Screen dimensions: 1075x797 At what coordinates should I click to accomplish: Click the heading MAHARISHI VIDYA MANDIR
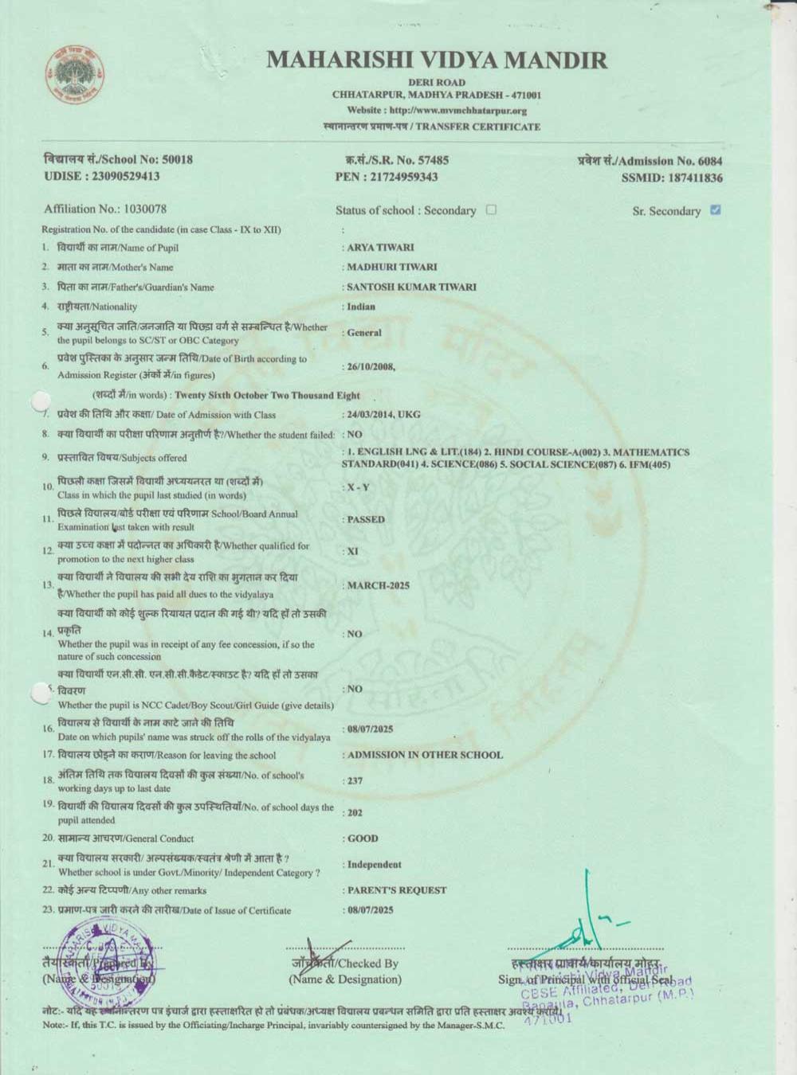(x=437, y=60)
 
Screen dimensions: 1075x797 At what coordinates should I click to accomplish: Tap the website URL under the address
(x=437, y=111)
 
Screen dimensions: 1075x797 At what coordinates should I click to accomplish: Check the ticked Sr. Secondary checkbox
(x=715, y=210)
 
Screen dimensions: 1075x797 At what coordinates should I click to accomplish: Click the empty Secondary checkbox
(x=491, y=210)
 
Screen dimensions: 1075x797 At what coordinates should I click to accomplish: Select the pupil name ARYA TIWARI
(x=380, y=248)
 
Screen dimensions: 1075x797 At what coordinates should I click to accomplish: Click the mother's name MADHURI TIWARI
(x=391, y=268)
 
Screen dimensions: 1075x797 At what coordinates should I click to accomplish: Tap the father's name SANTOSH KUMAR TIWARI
(x=411, y=287)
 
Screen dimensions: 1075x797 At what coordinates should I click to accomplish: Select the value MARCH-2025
(x=379, y=586)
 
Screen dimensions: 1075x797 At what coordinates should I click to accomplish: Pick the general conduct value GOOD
(x=363, y=838)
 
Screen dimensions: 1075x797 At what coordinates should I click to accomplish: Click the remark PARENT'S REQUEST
(x=397, y=890)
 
